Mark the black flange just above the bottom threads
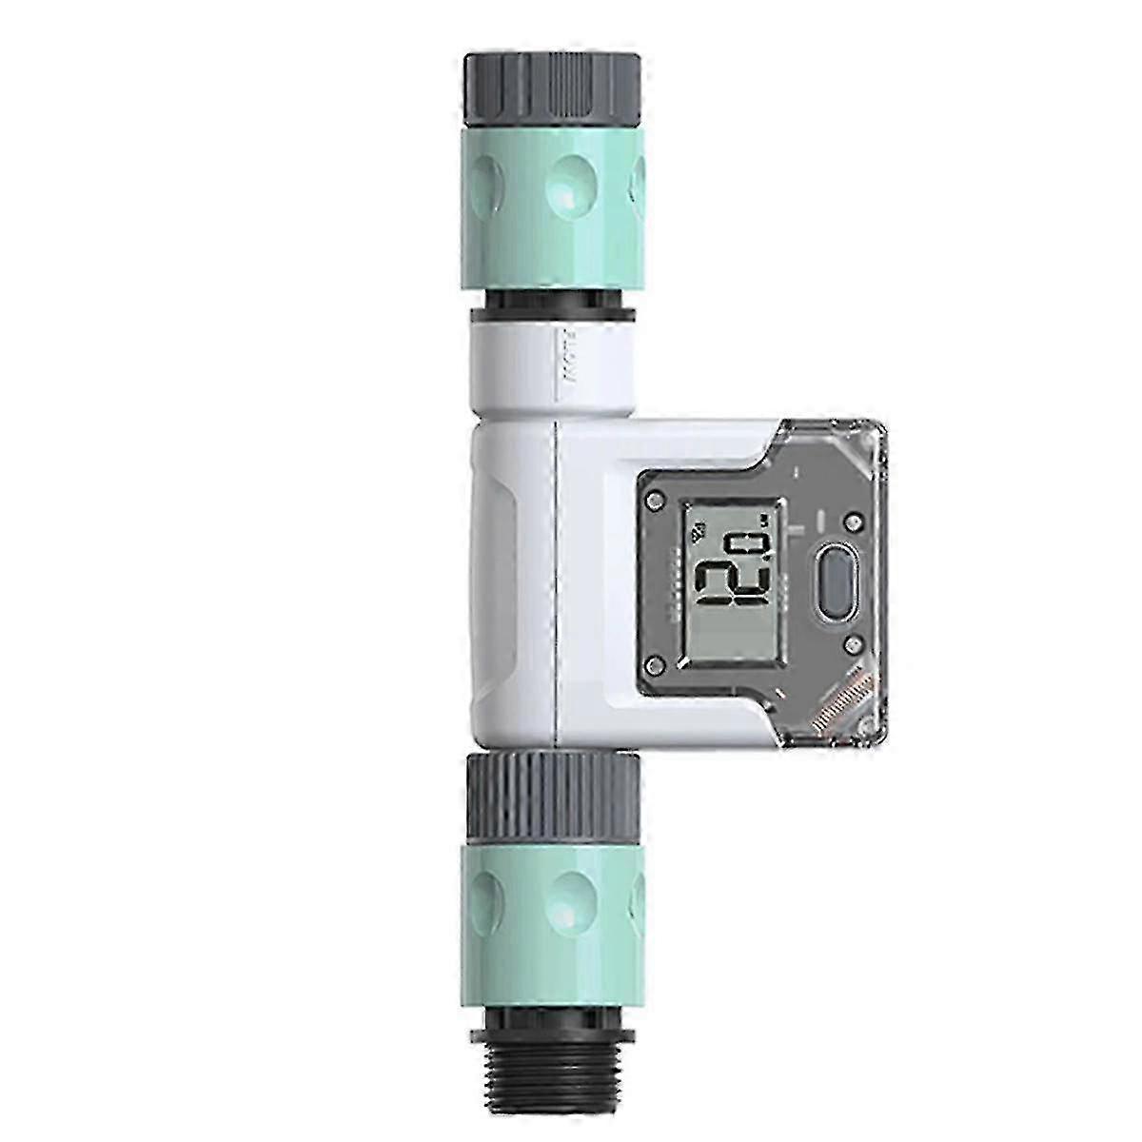(553, 1000)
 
